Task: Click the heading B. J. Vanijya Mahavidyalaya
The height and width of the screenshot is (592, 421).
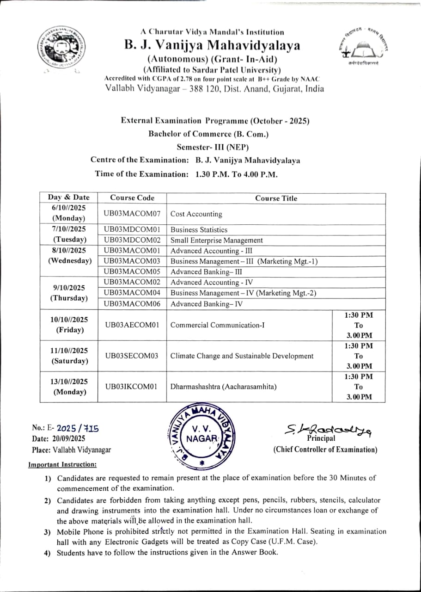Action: pos(212,45)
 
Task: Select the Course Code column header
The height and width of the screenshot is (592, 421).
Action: pos(132,197)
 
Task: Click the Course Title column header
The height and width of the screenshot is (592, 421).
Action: pos(276,198)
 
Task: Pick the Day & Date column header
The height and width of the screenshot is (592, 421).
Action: pos(69,197)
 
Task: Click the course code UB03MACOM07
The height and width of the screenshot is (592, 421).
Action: pos(132,214)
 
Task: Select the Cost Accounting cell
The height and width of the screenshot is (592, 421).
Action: pos(196,214)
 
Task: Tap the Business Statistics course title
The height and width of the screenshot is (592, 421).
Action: pos(199,229)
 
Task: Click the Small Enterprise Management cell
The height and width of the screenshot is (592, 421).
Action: pos(216,240)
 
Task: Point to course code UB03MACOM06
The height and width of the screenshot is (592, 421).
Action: pos(132,304)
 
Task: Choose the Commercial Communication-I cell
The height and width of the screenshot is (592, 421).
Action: pos(217,325)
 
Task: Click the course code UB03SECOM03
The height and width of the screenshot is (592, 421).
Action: pos(132,356)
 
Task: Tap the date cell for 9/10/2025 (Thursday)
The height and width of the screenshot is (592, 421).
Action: pos(69,293)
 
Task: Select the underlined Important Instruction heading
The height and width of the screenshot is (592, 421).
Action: pos(62,464)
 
